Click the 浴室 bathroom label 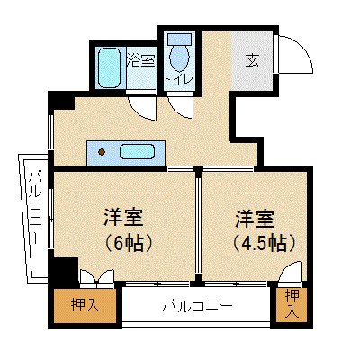141,60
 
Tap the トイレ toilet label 179,79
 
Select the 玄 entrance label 252,61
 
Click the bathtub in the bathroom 110,68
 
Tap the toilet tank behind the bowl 179,39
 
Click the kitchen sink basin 138,151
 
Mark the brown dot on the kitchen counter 102,152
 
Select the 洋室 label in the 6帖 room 123,217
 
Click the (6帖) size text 128,244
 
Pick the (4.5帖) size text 265,243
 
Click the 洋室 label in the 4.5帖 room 256,219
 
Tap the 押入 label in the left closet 85,305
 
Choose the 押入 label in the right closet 292,304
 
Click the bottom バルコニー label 198,306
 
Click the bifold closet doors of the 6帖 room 97,276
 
